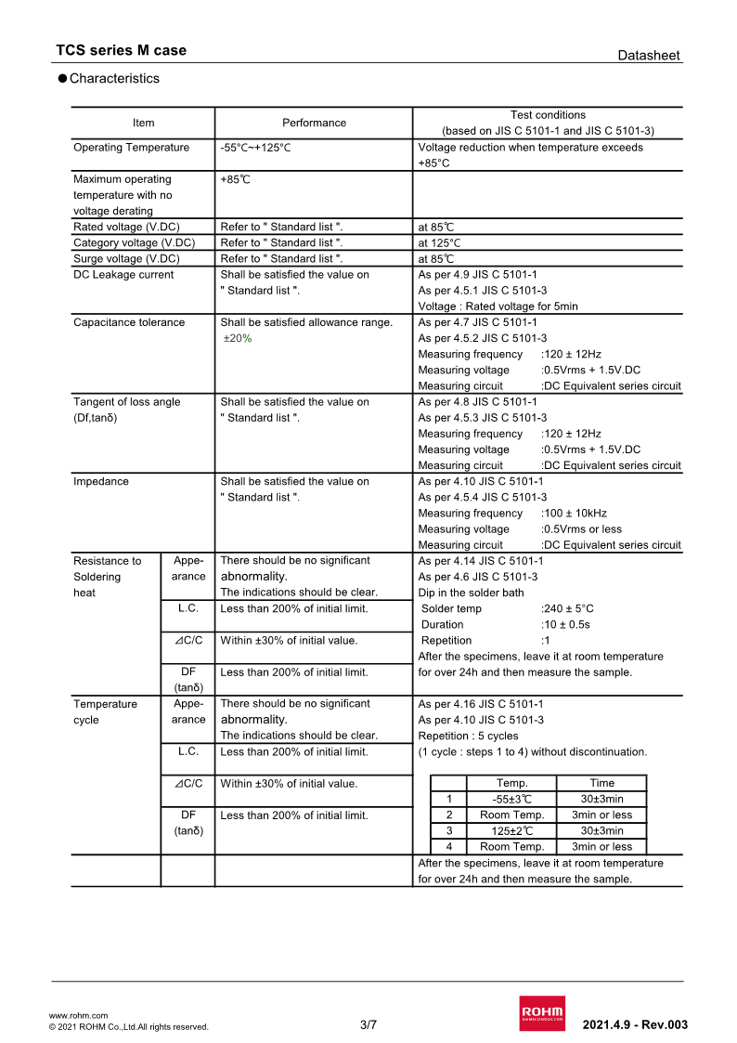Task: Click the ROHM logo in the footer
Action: pos(541,1013)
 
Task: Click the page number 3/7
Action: pos(368,1025)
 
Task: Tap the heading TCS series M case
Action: pos(121,50)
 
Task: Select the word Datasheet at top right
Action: pos(649,56)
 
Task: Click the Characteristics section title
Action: pos(114,79)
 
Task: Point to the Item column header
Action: pos(144,123)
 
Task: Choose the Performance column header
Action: pos(314,123)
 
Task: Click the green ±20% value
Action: pos(238,338)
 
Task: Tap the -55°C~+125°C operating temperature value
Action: pos(255,148)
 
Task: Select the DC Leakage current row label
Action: pos(123,275)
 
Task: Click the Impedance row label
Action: pos(101,482)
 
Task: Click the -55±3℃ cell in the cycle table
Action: pos(511,799)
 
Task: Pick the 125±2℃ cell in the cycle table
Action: pos(511,830)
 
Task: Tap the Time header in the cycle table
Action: pos(601,783)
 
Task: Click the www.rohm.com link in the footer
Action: pos(78,1015)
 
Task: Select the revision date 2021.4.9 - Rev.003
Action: pos(635,1025)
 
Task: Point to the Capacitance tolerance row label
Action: pos(129,322)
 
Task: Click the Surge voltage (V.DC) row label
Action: pos(126,259)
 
